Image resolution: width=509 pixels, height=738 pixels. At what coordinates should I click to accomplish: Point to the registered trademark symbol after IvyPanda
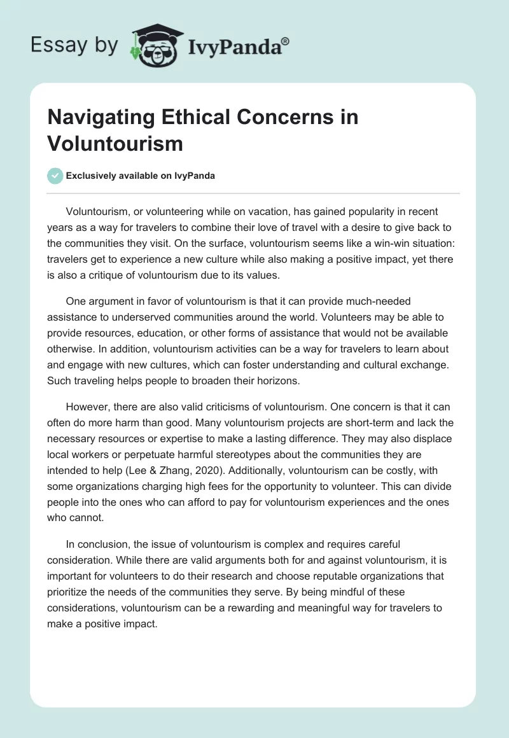[286, 41]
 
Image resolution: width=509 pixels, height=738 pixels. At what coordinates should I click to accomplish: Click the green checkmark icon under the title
[55, 176]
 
